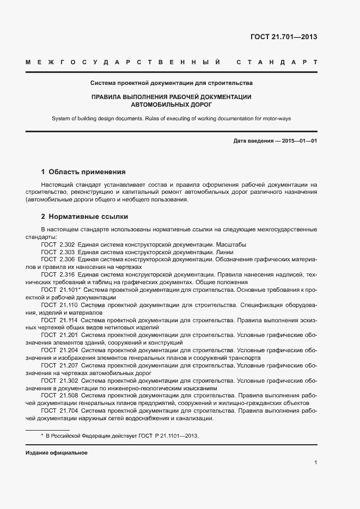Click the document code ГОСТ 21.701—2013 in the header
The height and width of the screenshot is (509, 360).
(283, 37)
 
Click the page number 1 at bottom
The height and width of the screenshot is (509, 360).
(315, 462)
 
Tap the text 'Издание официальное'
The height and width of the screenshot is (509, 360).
(56, 453)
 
